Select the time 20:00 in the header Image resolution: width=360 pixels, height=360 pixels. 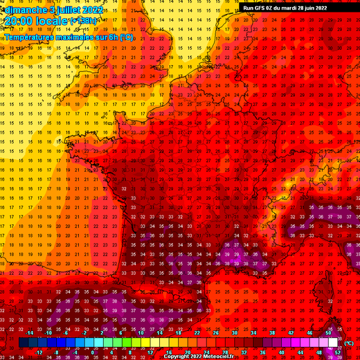(x=19, y=22)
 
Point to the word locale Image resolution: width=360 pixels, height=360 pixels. (x=53, y=22)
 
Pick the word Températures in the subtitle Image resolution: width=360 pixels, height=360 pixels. (x=29, y=37)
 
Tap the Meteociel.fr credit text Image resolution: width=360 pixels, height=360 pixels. (x=220, y=356)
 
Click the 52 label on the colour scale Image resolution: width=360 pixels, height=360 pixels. (x=337, y=351)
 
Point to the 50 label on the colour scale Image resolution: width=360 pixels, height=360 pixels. (x=327, y=333)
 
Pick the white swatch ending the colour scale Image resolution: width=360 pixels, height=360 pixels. (x=333, y=342)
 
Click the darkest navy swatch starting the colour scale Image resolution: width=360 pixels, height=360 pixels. (x=24, y=342)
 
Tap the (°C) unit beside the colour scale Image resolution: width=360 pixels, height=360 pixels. (x=348, y=343)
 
